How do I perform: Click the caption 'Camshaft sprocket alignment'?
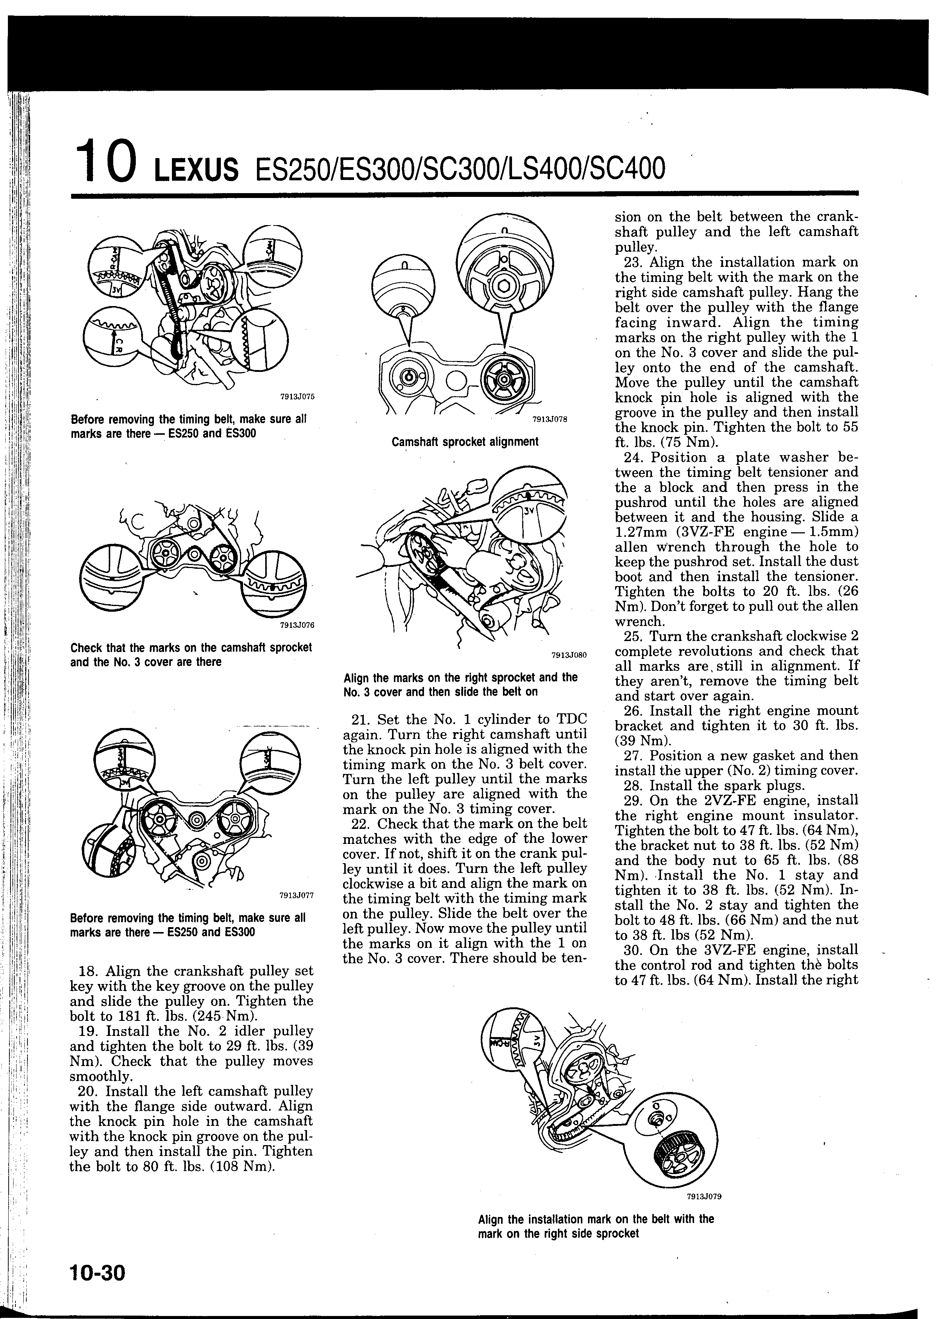point(465,442)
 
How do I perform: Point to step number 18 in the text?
point(87,971)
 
